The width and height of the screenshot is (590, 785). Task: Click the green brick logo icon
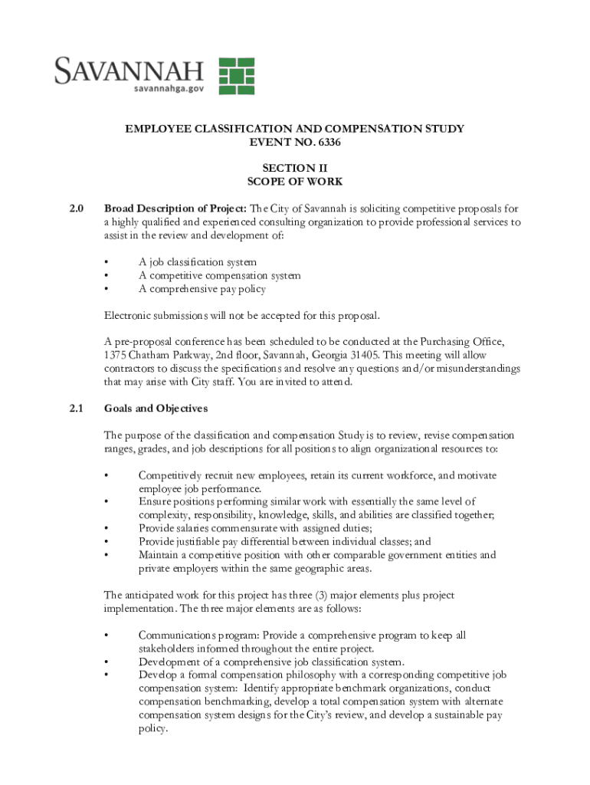click(237, 76)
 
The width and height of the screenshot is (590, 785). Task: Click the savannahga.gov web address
click(169, 89)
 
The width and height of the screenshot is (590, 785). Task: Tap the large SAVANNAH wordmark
click(129, 71)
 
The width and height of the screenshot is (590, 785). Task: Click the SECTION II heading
click(294, 168)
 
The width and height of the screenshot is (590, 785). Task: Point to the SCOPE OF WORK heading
click(294, 182)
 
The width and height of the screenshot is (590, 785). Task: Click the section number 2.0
click(76, 209)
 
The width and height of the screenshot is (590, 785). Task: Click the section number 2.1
click(76, 408)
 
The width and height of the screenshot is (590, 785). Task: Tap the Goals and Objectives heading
click(156, 408)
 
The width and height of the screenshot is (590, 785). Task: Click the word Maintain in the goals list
click(161, 555)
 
